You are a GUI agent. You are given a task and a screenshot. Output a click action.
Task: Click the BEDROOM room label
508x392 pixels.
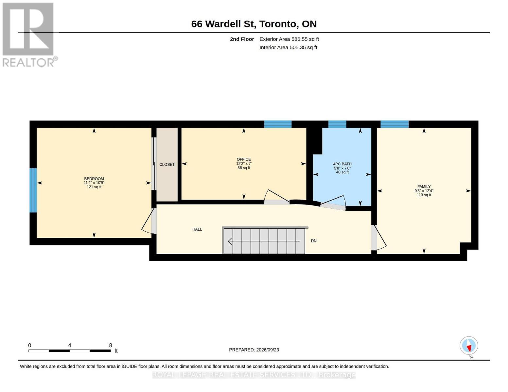coord(94,179)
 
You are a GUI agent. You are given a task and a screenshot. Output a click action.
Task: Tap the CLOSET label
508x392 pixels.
coord(167,164)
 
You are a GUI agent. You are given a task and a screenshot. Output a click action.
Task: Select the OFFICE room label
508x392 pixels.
coord(244,159)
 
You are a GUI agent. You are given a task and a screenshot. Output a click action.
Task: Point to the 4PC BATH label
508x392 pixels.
coord(342,164)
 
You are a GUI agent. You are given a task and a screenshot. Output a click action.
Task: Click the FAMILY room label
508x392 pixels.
coord(424,187)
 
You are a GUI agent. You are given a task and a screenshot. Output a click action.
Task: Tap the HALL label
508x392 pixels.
coord(197,229)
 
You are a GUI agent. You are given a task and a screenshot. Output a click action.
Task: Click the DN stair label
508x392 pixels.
coord(314,241)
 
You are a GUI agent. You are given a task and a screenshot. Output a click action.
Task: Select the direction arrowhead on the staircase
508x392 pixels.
coord(230,241)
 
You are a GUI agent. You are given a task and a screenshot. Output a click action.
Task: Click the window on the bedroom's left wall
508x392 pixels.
coord(33,190)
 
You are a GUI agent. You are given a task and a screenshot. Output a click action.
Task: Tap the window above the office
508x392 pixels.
coord(278,124)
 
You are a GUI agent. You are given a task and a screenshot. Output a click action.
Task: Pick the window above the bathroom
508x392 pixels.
coord(337,124)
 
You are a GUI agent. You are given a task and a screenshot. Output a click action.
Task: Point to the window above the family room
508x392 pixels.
coord(394,124)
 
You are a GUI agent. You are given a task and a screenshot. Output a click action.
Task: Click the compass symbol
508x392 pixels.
coord(469,346)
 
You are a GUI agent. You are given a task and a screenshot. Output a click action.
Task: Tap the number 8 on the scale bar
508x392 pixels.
coord(111,345)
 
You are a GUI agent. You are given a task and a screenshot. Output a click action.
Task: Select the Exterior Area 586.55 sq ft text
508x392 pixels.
coord(289,39)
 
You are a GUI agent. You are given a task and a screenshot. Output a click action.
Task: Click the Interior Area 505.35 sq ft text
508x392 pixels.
coord(288,47)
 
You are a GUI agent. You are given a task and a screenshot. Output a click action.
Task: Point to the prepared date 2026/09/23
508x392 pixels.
coord(268,350)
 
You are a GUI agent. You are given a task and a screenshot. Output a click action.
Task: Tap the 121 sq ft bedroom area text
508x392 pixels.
coord(94,187)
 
